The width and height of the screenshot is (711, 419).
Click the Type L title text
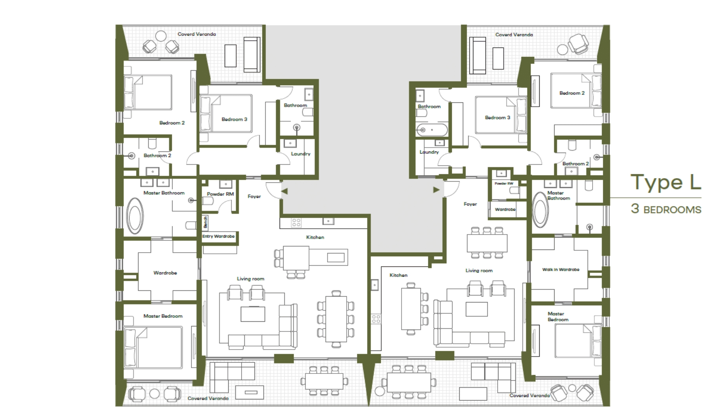666,182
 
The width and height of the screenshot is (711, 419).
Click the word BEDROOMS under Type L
672,209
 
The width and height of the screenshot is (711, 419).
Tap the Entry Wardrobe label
218,236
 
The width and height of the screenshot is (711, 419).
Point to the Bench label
205,223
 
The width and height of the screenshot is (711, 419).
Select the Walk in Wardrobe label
561,270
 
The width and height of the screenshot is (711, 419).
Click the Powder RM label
220,194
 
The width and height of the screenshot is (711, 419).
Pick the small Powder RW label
504,184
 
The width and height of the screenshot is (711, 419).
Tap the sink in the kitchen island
336,257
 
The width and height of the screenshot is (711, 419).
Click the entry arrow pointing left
285,191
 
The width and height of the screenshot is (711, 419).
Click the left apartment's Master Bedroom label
163,316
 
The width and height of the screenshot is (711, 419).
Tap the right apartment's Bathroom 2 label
576,164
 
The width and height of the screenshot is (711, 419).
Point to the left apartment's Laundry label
301,154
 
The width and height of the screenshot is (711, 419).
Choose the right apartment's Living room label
479,270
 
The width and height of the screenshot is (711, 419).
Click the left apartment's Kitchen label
315,237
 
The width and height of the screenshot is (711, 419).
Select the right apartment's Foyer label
470,204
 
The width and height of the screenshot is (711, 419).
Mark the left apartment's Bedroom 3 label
234,119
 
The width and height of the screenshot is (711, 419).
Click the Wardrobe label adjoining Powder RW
505,209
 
